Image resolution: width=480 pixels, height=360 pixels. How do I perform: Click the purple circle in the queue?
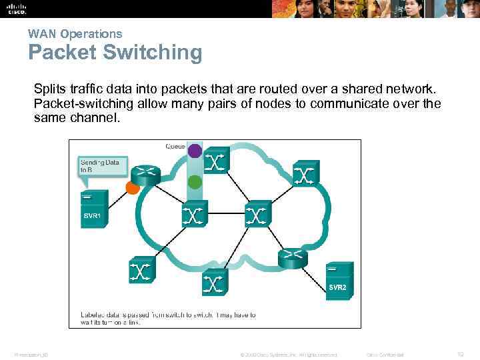click(x=194, y=151)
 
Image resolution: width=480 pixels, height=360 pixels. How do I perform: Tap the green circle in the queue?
click(x=195, y=181)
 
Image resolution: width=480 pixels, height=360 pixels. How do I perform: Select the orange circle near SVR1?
click(x=133, y=187)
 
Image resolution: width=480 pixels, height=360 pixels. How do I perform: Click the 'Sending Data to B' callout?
click(x=101, y=166)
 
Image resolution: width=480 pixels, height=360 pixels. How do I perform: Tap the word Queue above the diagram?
click(x=175, y=146)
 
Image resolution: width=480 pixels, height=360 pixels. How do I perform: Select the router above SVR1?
click(x=145, y=175)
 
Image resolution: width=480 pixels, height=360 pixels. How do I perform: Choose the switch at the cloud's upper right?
click(x=304, y=174)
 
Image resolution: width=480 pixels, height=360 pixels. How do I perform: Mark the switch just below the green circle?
click(x=193, y=215)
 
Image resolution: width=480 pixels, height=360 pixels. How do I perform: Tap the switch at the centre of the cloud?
click(x=257, y=215)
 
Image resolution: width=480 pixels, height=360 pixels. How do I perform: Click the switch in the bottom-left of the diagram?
click(x=141, y=271)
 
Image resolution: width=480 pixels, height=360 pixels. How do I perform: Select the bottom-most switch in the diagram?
click(x=213, y=283)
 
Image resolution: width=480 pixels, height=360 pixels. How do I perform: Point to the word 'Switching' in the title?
click(x=153, y=53)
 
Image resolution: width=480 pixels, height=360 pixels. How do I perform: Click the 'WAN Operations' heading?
click(x=75, y=33)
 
